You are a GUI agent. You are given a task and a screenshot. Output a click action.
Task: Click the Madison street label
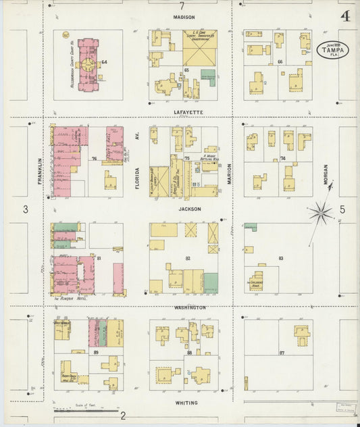click(183, 18)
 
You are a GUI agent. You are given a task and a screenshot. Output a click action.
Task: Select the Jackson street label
click(189, 209)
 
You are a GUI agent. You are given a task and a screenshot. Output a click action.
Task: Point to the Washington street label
click(190, 307)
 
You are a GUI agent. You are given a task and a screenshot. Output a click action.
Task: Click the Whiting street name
click(186, 403)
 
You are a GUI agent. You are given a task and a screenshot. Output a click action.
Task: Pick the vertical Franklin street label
click(41, 171)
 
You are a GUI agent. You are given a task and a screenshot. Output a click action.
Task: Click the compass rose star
click(320, 214)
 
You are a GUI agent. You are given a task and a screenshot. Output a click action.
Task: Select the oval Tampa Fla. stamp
click(330, 49)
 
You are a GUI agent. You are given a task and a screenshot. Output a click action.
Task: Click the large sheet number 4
click(345, 16)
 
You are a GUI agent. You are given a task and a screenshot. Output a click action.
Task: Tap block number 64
click(105, 63)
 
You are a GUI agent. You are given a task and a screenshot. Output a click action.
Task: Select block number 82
click(187, 259)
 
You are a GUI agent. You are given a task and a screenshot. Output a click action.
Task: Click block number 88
click(190, 353)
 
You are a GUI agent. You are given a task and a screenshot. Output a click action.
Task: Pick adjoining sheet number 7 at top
click(182, 6)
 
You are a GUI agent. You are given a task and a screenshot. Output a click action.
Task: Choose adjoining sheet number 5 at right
click(342, 210)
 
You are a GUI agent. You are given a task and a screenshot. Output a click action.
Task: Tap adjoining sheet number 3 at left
click(26, 210)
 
